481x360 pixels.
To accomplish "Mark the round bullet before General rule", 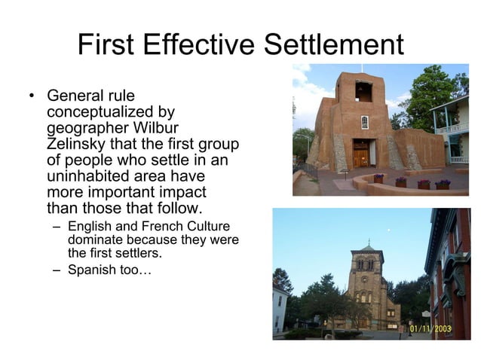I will [x=32, y=96].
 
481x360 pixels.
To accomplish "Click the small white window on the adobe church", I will [x=365, y=122].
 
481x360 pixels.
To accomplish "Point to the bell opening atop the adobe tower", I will [x=363, y=91].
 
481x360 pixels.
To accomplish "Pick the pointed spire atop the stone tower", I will [x=367, y=244].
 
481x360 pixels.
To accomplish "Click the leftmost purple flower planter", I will [x=378, y=179].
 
